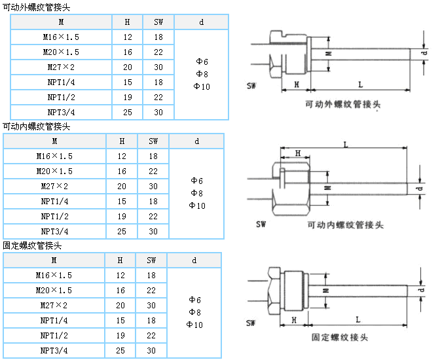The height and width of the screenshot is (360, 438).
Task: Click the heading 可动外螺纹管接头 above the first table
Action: (x=37, y=7)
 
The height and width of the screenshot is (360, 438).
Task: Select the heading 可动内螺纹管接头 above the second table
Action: (x=37, y=126)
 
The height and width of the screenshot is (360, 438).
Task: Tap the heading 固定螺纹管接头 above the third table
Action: (x=33, y=246)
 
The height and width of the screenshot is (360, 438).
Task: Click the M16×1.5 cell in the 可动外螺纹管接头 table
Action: (x=61, y=37)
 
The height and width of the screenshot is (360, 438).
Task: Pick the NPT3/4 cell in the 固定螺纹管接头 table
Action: (x=54, y=351)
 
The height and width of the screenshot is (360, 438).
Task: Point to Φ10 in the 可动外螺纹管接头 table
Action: (x=202, y=86)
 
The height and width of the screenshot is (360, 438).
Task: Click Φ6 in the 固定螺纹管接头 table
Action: (x=194, y=299)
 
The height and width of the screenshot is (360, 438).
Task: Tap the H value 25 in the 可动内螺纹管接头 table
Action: (x=122, y=231)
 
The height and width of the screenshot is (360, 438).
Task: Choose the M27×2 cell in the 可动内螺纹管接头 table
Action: (x=54, y=187)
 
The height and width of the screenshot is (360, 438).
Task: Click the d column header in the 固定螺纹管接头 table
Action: (x=194, y=261)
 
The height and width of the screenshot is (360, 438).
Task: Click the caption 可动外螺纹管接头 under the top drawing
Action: (x=343, y=104)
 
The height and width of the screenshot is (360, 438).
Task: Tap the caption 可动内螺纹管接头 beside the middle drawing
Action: (x=345, y=225)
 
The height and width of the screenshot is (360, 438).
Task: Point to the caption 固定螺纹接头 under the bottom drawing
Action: (x=340, y=338)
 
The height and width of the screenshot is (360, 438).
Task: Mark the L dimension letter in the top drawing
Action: (x=361, y=84)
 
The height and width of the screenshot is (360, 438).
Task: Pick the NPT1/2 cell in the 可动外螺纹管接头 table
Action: (x=61, y=98)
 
